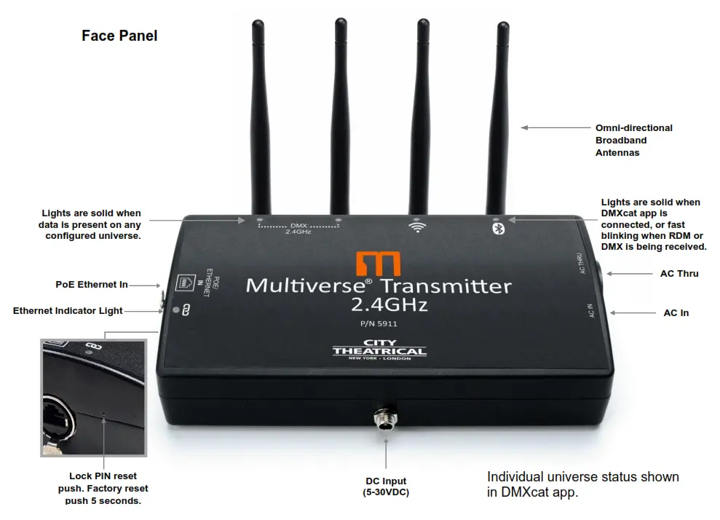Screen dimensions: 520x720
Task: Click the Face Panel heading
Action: click(119, 36)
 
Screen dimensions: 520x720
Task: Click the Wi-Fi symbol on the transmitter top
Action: click(416, 227)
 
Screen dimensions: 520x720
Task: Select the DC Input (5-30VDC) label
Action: click(386, 486)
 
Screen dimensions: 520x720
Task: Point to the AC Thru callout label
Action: click(679, 274)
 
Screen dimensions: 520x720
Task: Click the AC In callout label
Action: click(676, 313)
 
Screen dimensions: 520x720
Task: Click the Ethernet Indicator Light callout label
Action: click(68, 311)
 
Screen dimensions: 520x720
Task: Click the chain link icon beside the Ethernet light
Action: click(186, 310)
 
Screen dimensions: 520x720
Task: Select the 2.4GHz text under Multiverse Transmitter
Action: click(379, 304)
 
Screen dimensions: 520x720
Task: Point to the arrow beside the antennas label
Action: click(546, 127)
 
